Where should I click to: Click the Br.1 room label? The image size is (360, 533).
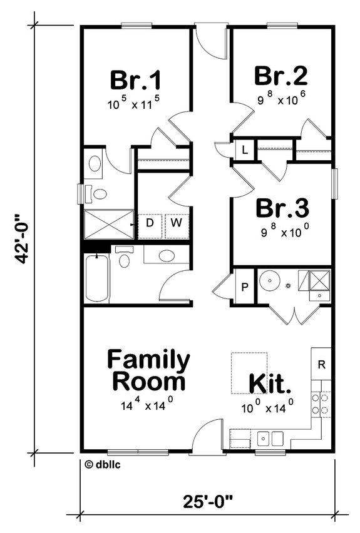coord(136,80)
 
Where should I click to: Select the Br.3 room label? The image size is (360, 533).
coord(281,206)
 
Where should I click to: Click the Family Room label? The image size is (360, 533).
coord(148,370)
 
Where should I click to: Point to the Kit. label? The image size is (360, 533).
coord(270,382)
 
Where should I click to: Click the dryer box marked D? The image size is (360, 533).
coord(150,223)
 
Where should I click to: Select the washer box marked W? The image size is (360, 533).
coord(177,223)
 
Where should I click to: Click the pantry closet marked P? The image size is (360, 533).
coord(245,287)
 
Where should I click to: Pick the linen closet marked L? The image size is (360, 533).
coord(244,151)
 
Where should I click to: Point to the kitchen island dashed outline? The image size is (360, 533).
coord(249,373)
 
